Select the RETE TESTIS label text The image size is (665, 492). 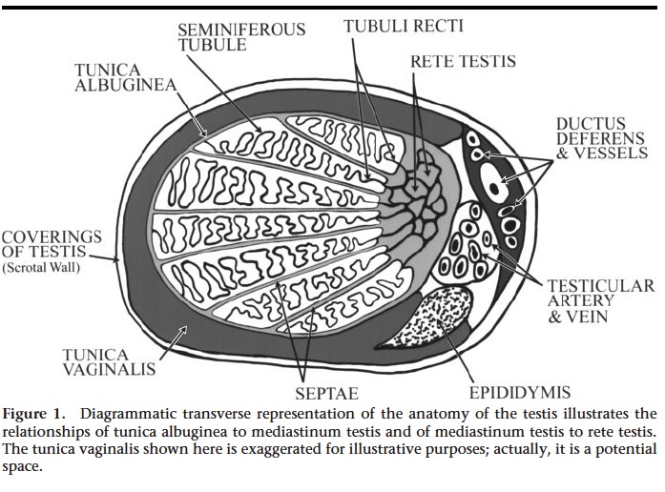pos(463,62)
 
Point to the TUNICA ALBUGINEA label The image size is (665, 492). pos(124,77)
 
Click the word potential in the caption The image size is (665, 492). pos(625,448)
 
